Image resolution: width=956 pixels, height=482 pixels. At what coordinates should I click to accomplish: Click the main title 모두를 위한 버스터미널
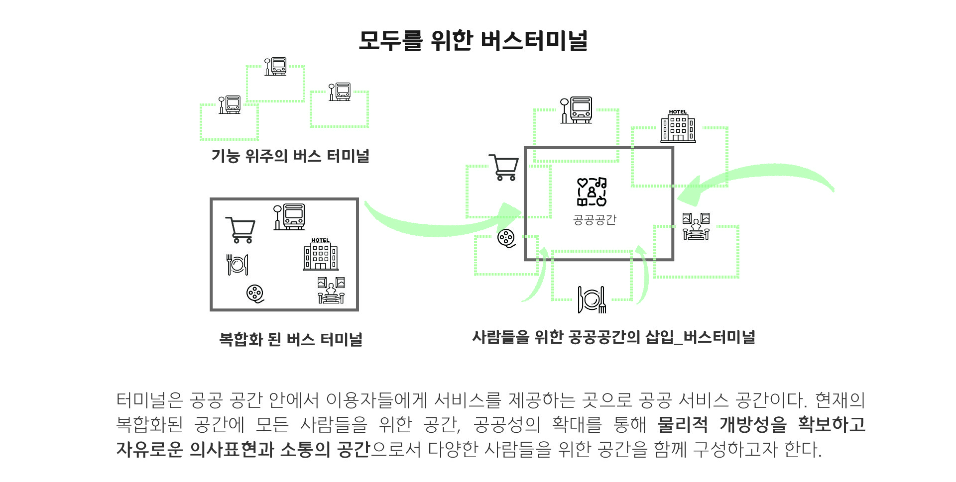pyautogui.click(x=473, y=40)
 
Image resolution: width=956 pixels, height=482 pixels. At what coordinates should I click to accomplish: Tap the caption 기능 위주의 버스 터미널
pyautogui.click(x=290, y=156)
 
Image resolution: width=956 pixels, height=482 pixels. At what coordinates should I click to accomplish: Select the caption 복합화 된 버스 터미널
pyautogui.click(x=290, y=339)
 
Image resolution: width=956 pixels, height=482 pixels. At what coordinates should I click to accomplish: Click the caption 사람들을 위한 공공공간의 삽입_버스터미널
pyautogui.click(x=613, y=337)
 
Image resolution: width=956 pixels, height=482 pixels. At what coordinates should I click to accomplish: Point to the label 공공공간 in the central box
pyautogui.click(x=595, y=220)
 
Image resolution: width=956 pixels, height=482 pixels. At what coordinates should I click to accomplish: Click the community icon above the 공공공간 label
pyautogui.click(x=592, y=192)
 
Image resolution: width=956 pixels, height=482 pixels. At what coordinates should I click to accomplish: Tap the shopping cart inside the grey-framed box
pyautogui.click(x=240, y=229)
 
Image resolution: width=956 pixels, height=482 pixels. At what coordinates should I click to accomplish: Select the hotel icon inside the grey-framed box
pyautogui.click(x=320, y=254)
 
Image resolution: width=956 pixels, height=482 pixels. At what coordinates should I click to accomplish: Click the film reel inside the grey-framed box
pyautogui.click(x=255, y=293)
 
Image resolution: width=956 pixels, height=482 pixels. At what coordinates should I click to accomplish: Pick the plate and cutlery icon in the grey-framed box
pyautogui.click(x=238, y=265)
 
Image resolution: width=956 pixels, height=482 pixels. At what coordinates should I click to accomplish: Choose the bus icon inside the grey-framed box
pyautogui.click(x=289, y=217)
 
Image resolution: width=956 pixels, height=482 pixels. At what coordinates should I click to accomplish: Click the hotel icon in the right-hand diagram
pyautogui.click(x=678, y=126)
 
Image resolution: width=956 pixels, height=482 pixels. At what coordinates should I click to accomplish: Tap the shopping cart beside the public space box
pyautogui.click(x=504, y=167)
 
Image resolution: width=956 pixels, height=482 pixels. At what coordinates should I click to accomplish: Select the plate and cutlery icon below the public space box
pyautogui.click(x=592, y=299)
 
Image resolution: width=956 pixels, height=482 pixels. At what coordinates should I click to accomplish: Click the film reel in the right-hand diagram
pyautogui.click(x=506, y=238)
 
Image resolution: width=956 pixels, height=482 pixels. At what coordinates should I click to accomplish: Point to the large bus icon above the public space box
pyautogui.click(x=577, y=110)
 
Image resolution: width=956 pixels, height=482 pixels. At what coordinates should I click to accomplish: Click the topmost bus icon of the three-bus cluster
pyautogui.click(x=275, y=67)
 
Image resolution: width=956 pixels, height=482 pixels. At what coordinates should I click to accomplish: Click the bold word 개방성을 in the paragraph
pyautogui.click(x=752, y=424)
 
